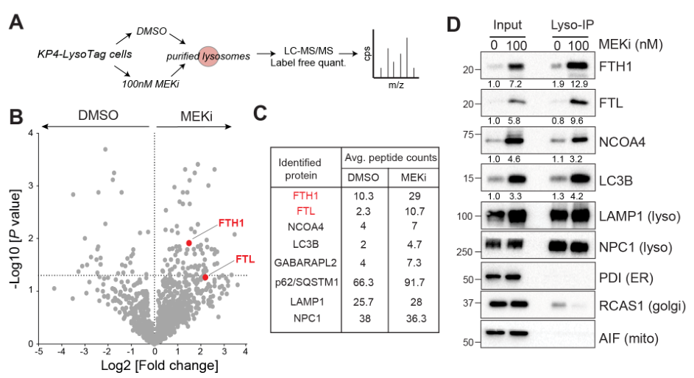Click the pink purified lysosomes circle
(x=209, y=56)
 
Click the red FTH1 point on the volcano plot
(x=189, y=242)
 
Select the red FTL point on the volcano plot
(x=205, y=277)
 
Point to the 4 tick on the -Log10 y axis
(x=29, y=133)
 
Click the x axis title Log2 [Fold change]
(x=142, y=365)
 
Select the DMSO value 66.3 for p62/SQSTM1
(x=364, y=281)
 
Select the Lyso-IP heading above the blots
(x=572, y=24)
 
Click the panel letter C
(x=261, y=114)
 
